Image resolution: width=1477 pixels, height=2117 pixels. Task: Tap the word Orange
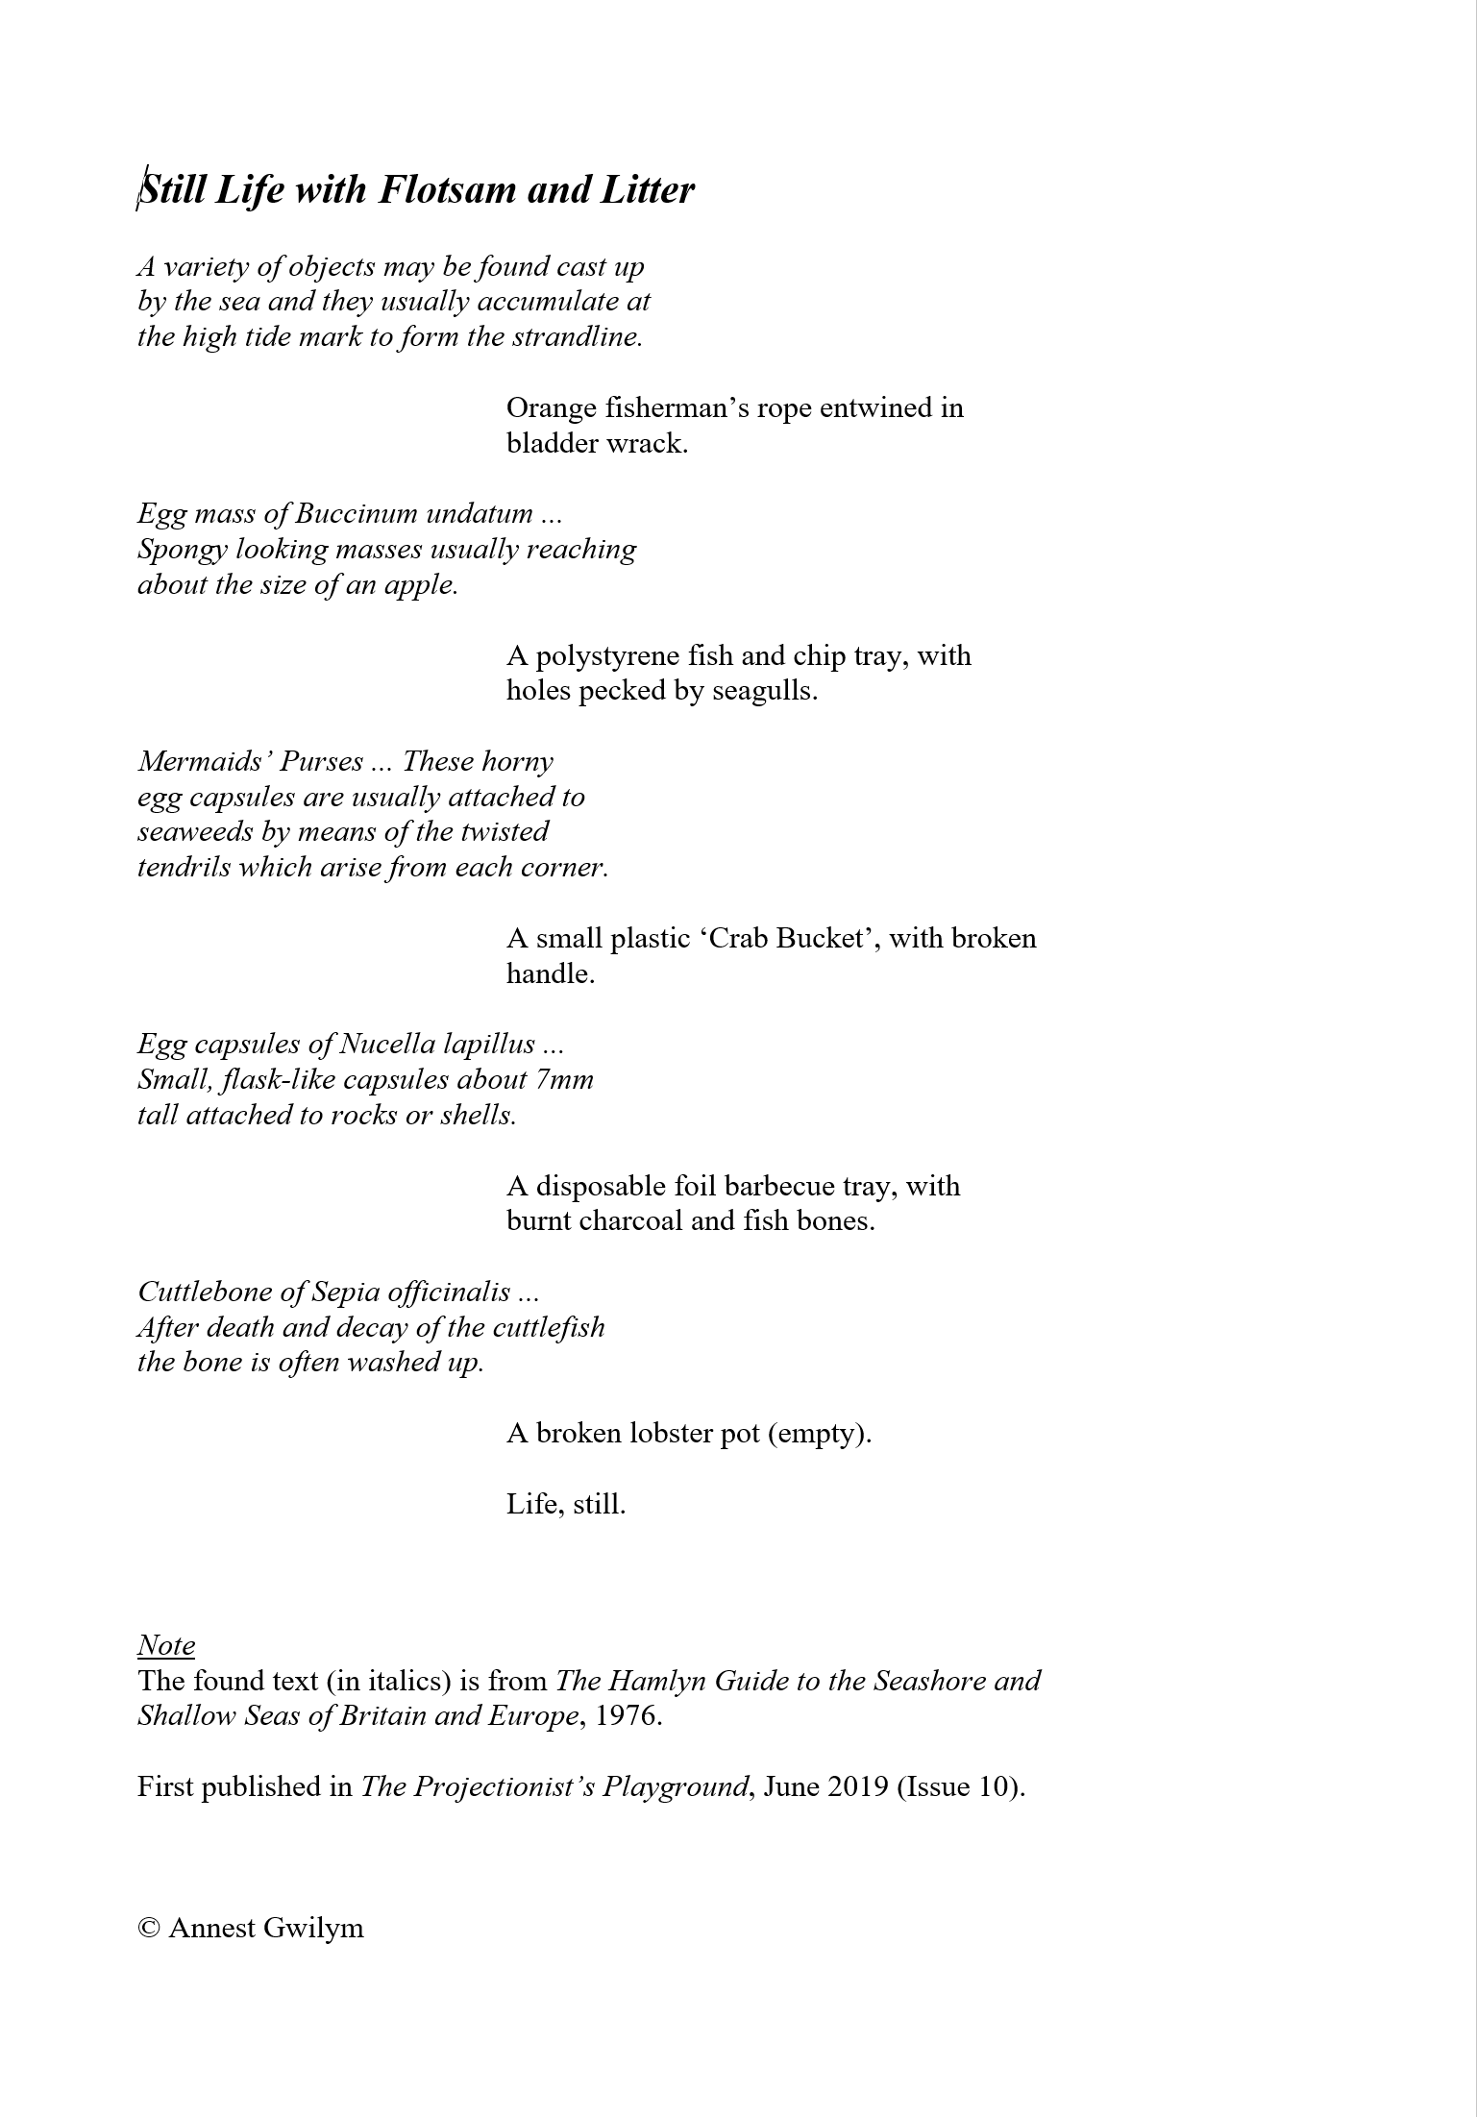tap(552, 408)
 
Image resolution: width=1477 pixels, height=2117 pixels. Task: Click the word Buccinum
tap(357, 513)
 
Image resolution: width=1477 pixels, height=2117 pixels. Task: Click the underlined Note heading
tap(166, 1646)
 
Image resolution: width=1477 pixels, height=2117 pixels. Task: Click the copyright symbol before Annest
tap(149, 1929)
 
